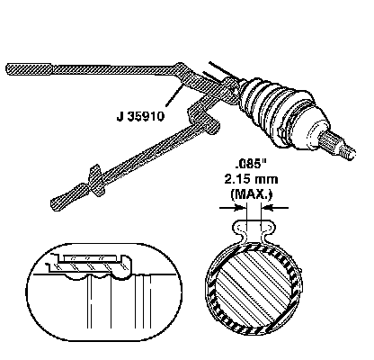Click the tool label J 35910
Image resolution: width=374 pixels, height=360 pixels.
[x=140, y=116]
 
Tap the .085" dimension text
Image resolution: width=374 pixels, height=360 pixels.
[x=251, y=164]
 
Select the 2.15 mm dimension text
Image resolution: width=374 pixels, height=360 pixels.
[x=251, y=179]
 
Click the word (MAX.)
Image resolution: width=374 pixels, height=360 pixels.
[x=251, y=194]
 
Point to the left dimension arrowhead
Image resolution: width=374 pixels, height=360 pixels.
[x=239, y=207]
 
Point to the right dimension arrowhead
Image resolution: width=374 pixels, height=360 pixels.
[x=268, y=207]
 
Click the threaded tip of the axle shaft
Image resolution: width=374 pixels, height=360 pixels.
[x=349, y=151]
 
